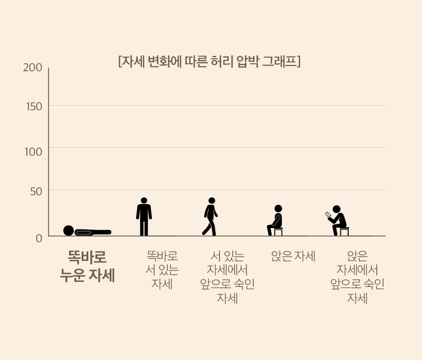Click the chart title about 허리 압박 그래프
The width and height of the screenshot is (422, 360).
[209, 61]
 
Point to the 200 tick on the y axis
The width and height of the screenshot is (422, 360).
[33, 68]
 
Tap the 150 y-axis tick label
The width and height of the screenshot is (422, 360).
[34, 107]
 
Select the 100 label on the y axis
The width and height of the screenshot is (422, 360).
[33, 152]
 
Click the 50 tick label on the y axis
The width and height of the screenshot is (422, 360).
[36, 192]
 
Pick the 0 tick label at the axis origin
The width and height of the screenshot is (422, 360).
[39, 239]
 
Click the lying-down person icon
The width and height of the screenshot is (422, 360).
[87, 231]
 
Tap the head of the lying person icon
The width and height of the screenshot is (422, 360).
[69, 231]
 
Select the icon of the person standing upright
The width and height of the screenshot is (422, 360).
[144, 217]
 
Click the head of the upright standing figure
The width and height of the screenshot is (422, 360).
[144, 201]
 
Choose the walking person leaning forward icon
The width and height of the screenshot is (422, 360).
[210, 217]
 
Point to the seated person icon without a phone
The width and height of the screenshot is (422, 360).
[275, 221]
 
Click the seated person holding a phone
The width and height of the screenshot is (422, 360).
[337, 221]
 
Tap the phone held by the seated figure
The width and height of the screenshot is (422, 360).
[328, 215]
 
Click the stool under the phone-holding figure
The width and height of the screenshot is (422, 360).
[344, 232]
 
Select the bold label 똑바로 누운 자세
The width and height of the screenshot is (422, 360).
[88, 266]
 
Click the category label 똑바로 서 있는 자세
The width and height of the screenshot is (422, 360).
[162, 270]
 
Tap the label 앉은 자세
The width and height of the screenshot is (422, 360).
[293, 256]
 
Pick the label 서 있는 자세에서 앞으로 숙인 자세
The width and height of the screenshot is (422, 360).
[227, 277]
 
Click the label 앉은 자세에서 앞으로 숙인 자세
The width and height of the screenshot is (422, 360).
[357, 277]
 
